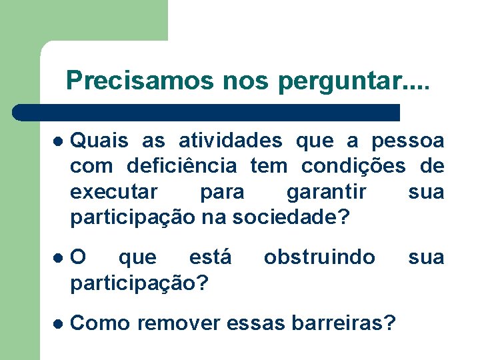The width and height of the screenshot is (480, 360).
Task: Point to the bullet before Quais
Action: tap(58, 141)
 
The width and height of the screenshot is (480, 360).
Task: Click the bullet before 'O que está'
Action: tap(58, 258)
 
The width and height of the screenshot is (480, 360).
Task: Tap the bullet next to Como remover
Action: tap(58, 323)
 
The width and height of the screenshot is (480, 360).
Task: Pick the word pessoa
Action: tap(407, 141)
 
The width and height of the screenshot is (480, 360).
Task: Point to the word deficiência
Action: tap(181, 166)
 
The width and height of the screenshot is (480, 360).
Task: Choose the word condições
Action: tap(353, 166)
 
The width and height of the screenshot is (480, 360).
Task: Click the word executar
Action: tap(114, 192)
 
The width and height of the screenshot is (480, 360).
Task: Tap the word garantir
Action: tap(327, 192)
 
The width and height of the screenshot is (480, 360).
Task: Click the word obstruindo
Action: tap(319, 257)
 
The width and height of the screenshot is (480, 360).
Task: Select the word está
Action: tap(211, 257)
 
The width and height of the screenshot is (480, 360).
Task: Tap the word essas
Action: tap(258, 323)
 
